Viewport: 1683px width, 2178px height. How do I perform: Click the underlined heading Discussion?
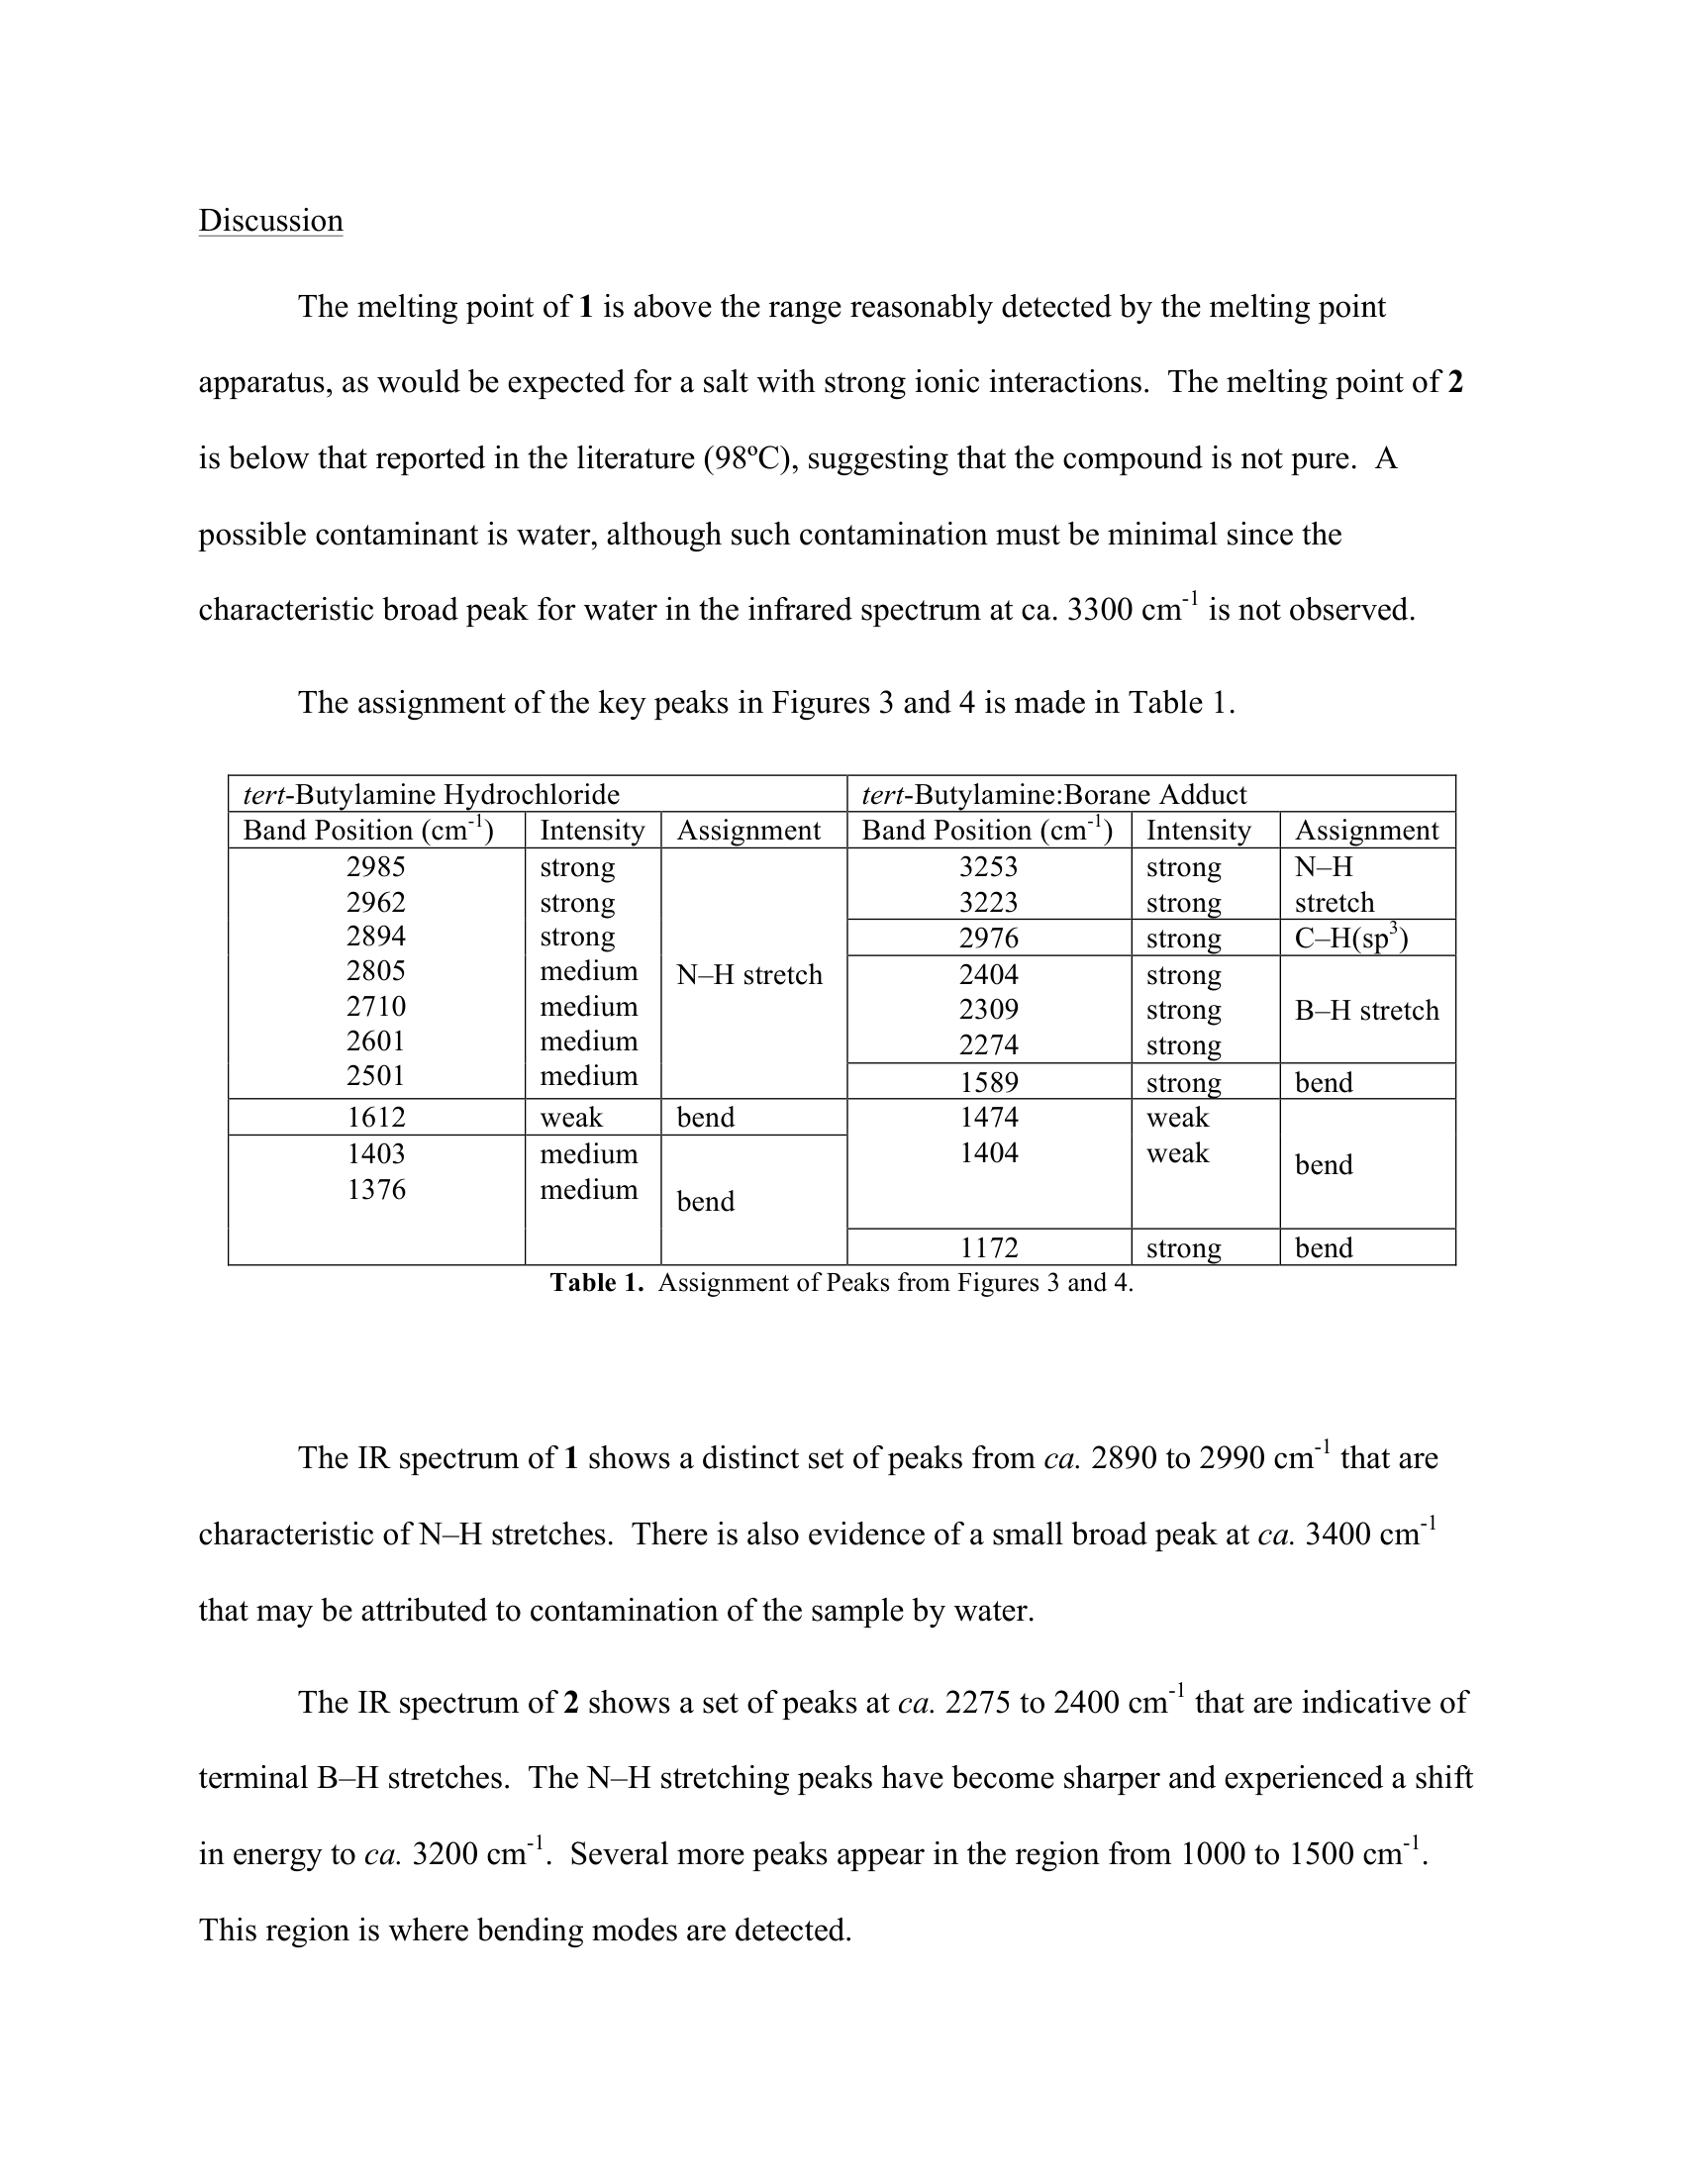[270, 221]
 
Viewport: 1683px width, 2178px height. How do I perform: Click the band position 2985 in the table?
[376, 866]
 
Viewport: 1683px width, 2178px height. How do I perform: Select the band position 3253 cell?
[988, 866]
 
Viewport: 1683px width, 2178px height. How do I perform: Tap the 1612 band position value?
[376, 1117]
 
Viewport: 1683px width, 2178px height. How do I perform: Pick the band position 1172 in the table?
[988, 1247]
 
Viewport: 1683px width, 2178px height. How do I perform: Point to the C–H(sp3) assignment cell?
[1351, 939]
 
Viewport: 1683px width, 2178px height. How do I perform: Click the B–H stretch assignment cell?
[1366, 1010]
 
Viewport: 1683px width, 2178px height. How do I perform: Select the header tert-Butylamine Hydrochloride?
[432, 794]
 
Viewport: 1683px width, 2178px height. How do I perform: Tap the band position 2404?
[988, 974]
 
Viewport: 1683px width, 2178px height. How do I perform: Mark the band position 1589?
[988, 1082]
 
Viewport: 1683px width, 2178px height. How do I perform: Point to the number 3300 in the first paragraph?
[1100, 610]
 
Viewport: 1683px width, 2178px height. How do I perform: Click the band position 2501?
[376, 1076]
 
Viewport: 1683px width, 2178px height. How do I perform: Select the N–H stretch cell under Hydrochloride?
[749, 974]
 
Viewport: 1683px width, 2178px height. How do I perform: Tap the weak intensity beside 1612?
[571, 1117]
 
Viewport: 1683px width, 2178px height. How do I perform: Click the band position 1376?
[376, 1190]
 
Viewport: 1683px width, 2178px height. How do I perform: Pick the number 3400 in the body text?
[1338, 1534]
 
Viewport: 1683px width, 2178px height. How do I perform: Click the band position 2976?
[988, 939]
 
